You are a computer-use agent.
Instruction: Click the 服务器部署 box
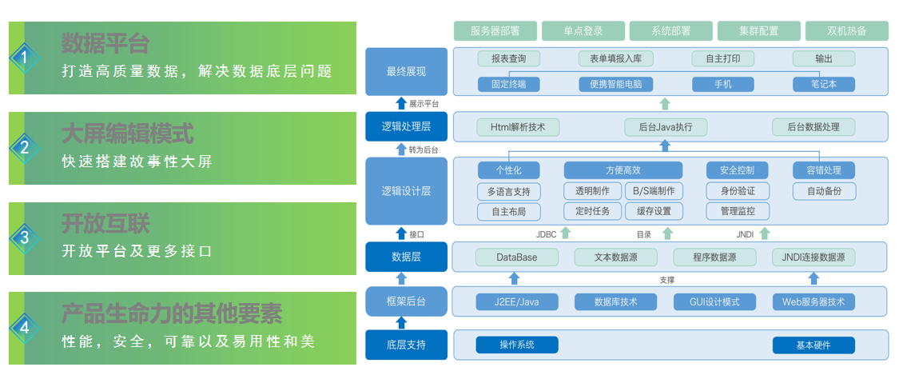(x=495, y=31)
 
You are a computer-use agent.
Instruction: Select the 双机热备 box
(x=847, y=31)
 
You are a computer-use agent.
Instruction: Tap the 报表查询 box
(x=508, y=58)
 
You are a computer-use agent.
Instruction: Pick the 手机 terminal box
(x=722, y=84)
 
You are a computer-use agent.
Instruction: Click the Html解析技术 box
(x=518, y=126)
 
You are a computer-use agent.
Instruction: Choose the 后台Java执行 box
(x=665, y=126)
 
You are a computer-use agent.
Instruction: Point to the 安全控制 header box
(x=738, y=170)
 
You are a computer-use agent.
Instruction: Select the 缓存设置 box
(x=654, y=211)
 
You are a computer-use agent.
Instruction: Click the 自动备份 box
(x=825, y=191)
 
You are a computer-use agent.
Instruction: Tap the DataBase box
(x=516, y=257)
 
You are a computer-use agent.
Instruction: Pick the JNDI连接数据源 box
(x=813, y=257)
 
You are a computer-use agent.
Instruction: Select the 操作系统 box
(x=516, y=345)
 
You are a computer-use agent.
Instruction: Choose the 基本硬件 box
(x=813, y=345)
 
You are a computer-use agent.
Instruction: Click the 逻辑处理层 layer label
(x=406, y=126)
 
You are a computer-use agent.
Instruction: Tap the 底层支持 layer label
(x=406, y=345)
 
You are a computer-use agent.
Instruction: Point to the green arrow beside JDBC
(x=566, y=233)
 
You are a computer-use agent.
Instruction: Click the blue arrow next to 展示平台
(x=401, y=103)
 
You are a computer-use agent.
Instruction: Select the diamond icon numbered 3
(x=24, y=238)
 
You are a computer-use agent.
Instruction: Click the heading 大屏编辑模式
(x=127, y=134)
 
